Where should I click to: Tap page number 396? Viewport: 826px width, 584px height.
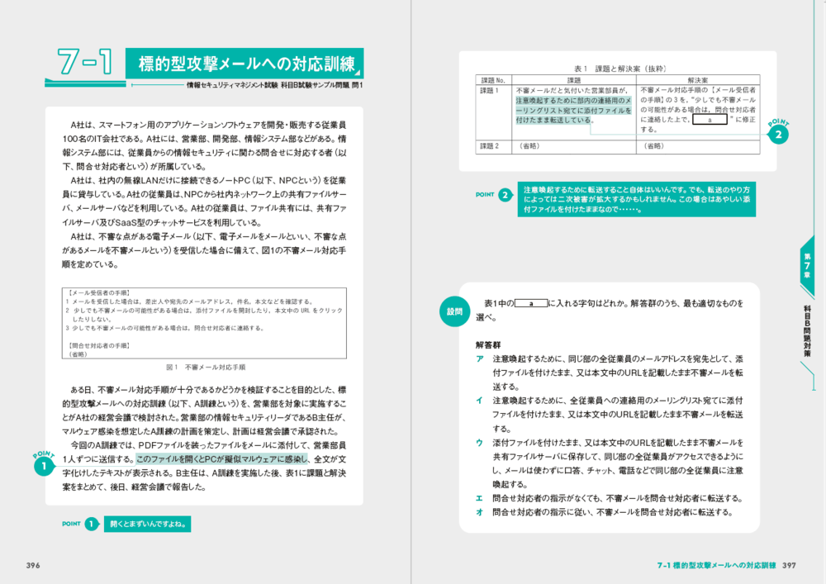tap(34, 565)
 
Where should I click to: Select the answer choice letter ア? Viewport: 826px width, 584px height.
tap(479, 359)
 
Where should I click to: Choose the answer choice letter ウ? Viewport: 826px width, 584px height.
tap(479, 443)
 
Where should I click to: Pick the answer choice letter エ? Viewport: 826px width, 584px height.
tap(479, 498)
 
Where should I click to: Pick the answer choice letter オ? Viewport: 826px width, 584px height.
tap(479, 512)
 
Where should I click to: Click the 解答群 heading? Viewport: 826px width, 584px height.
tap(488, 344)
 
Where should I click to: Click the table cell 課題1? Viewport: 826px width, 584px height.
tap(491, 90)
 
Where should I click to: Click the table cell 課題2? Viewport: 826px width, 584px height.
tap(491, 146)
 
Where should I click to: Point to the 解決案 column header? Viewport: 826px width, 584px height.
tap(698, 80)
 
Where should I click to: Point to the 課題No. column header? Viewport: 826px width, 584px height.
tap(493, 80)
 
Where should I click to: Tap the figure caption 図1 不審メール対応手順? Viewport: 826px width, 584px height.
tap(204, 366)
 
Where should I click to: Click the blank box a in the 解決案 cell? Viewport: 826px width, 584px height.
tap(710, 120)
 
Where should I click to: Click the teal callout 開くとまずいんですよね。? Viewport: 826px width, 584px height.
tap(149, 524)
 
